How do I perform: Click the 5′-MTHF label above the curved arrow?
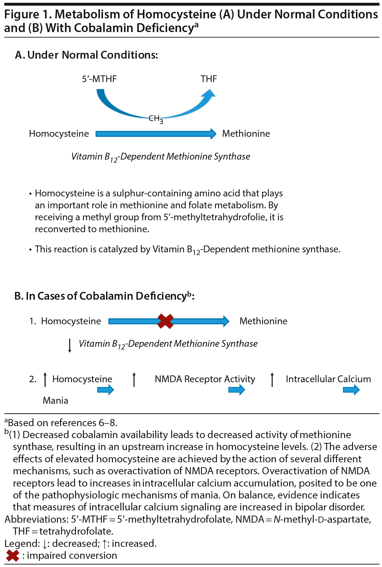pos(99,79)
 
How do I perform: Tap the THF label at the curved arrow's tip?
pos(209,79)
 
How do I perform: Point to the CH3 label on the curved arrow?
pos(156,119)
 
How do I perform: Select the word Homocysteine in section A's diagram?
pos(59,134)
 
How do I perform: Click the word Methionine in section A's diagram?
pos(246,134)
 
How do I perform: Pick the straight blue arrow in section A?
pos(156,134)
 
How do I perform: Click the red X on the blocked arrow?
pos(165,321)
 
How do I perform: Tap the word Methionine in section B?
pos(263,321)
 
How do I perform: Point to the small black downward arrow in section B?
pos(70,345)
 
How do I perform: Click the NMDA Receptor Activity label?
pos(205,379)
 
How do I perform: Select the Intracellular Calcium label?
pos(328,379)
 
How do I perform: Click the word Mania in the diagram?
pos(56,401)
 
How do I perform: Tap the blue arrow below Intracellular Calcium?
pos(351,390)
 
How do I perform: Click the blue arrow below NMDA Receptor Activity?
pos(237,390)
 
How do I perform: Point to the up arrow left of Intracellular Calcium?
pos(272,379)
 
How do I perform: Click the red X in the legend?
pos(13,556)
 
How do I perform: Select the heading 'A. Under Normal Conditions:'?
pos(87,55)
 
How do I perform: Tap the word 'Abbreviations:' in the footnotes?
pos(36,519)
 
